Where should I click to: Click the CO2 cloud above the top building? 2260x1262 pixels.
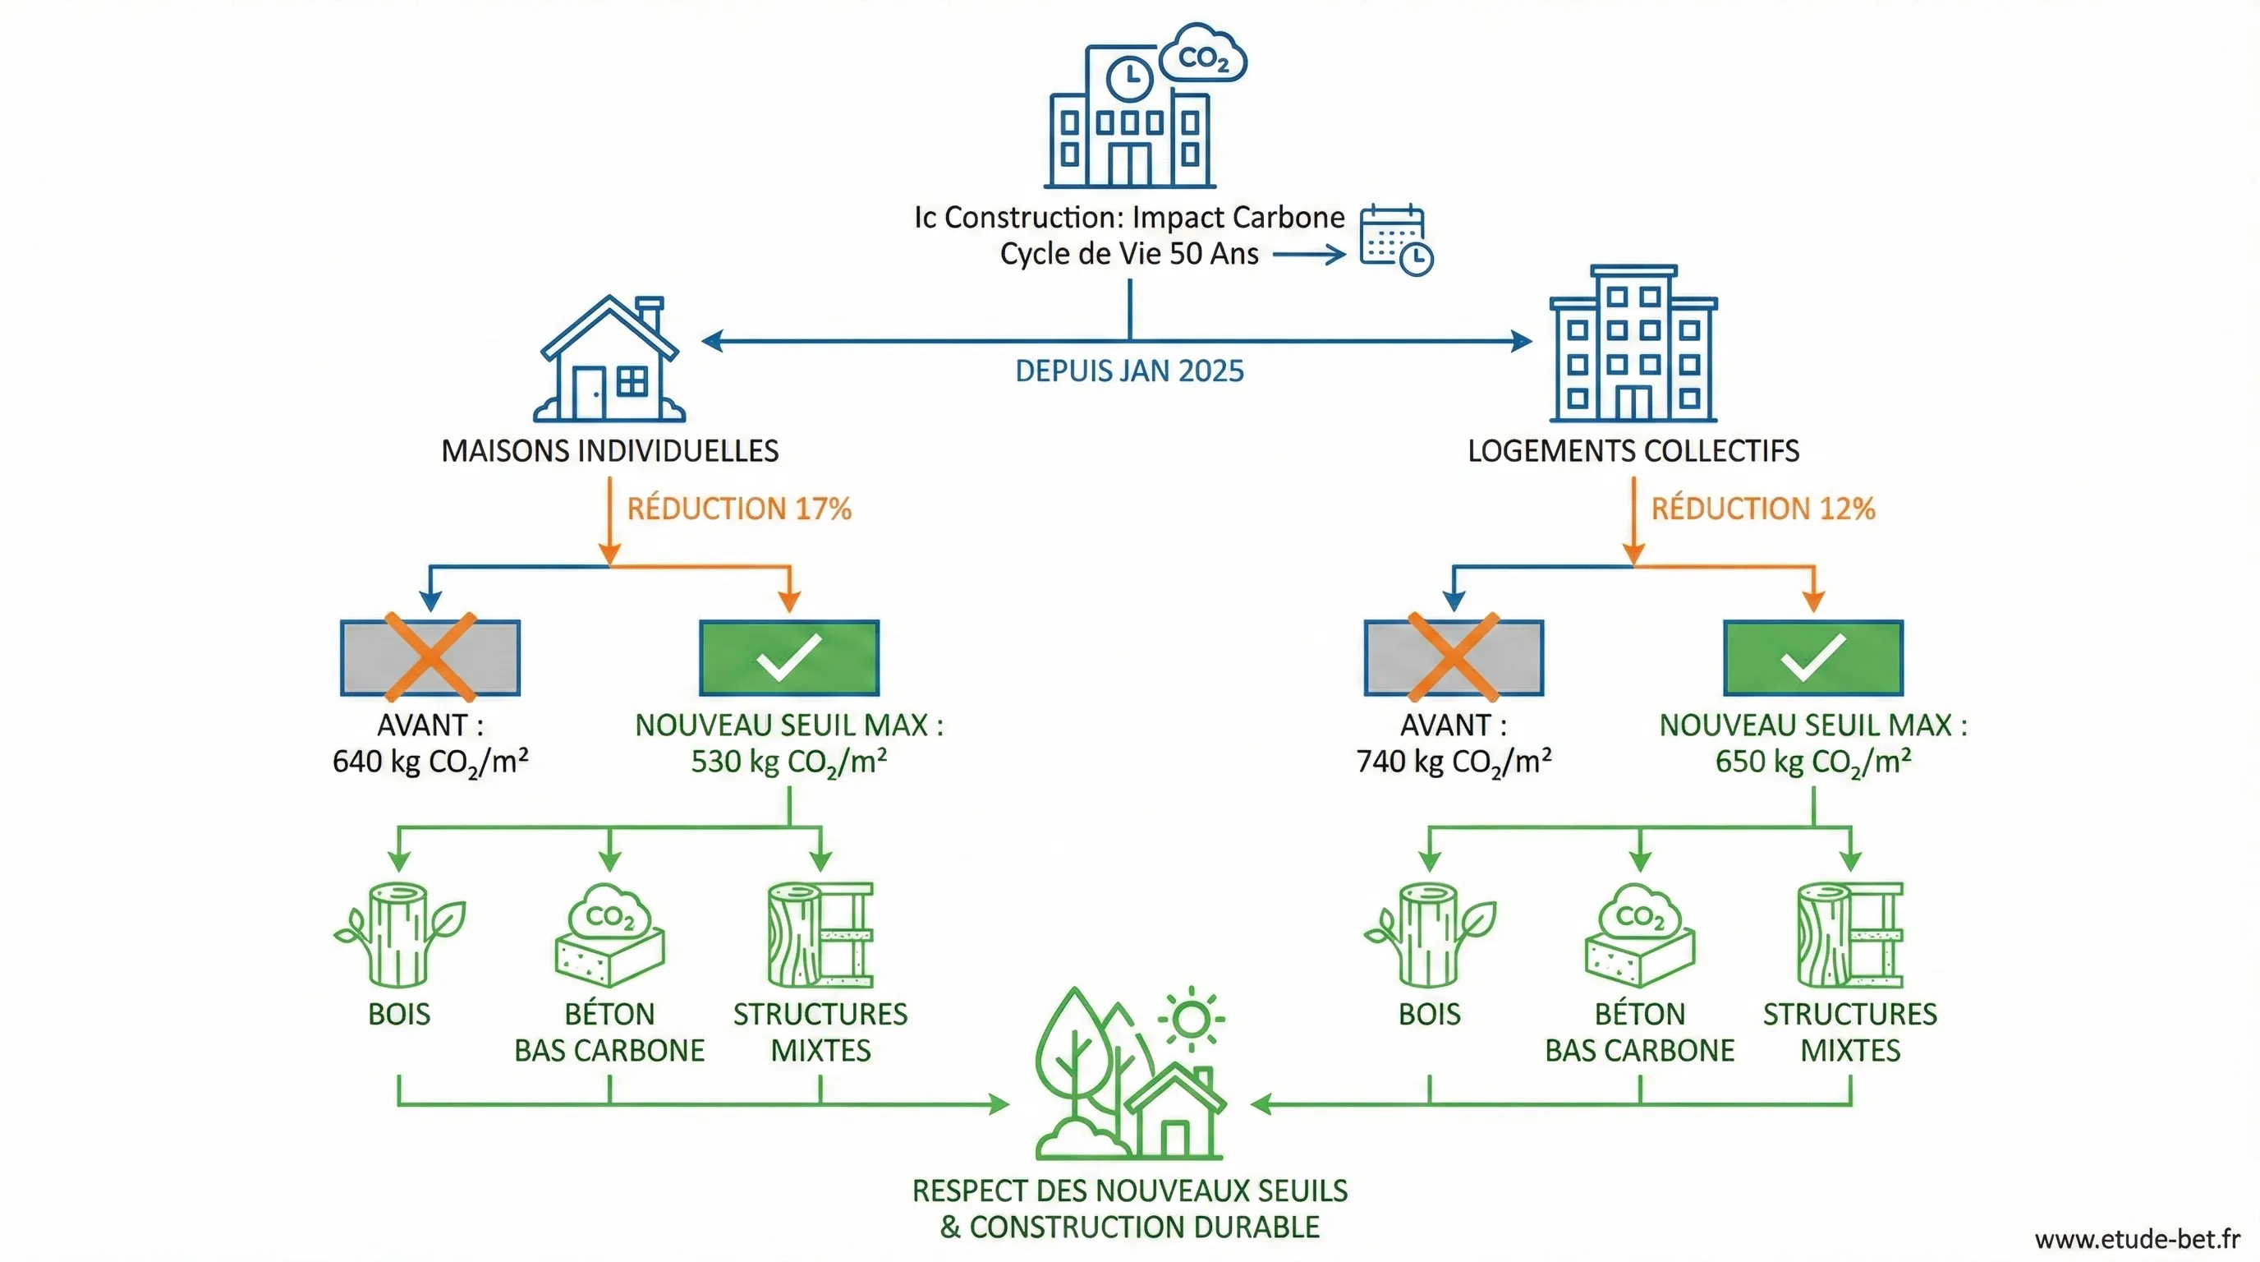1203,56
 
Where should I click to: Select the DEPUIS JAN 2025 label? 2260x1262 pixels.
1129,371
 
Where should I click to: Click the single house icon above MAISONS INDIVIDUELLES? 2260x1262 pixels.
609,360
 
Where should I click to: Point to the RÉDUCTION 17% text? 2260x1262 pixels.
739,509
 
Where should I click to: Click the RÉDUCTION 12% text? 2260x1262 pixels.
1762,509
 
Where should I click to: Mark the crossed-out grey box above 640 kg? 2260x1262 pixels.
429,658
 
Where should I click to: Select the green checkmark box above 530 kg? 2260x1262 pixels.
788,658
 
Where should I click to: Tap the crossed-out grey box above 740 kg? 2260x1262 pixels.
1454,658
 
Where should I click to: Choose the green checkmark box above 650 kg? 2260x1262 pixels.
1813,658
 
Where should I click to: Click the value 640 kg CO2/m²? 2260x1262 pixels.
429,762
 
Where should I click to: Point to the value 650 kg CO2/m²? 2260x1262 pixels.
1813,762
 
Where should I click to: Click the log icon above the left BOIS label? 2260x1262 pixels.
399,935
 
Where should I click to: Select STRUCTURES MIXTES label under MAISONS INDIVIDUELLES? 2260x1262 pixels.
820,1032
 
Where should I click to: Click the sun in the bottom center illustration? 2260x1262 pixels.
1192,1019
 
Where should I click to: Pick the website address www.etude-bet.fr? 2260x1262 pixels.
2137,1239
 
